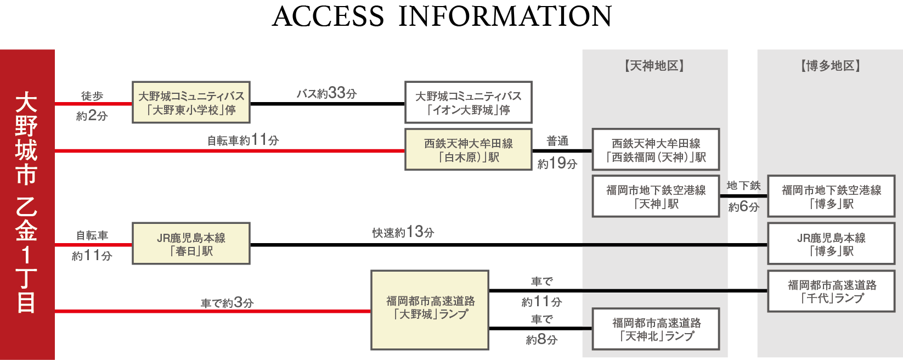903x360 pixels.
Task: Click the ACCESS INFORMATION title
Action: click(442, 16)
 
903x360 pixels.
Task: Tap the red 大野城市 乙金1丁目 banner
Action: click(27, 204)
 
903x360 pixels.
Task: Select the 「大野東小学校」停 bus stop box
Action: click(191, 103)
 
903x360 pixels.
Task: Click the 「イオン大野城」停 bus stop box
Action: click(468, 103)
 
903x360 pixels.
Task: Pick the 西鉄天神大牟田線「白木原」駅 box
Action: click(468, 150)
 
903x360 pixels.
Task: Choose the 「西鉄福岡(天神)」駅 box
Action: click(656, 150)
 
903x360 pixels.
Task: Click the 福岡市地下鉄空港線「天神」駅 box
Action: click(656, 196)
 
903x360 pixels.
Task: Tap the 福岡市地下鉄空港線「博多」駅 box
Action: click(831, 196)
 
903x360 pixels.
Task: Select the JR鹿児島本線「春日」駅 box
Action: click(191, 244)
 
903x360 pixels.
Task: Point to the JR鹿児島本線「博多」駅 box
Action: click(831, 244)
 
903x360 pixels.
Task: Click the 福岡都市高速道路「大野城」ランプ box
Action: click(430, 310)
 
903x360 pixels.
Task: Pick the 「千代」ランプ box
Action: click(831, 291)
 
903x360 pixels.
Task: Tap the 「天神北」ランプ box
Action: click(656, 329)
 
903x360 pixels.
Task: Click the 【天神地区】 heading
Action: click(654, 66)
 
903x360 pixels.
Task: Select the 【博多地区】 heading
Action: click(830, 66)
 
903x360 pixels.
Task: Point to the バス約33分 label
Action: click(327, 93)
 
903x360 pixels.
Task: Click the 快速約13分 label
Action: click(403, 233)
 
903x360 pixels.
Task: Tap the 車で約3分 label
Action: click(227, 303)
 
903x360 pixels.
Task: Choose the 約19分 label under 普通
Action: click(557, 164)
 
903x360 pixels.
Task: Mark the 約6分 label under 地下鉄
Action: click(743, 207)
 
